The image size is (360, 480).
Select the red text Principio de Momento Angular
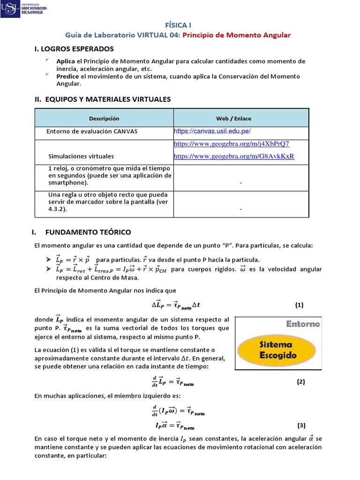coord(237,35)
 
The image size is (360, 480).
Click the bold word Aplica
coord(66,61)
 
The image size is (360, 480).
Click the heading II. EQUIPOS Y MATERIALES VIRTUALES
coord(103,99)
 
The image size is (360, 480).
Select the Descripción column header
coord(104,119)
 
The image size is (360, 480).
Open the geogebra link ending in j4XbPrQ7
coord(232,143)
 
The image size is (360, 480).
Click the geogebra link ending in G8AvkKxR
coord(234,156)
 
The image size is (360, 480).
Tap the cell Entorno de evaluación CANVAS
coord(92,132)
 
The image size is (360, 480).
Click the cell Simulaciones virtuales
coord(81,156)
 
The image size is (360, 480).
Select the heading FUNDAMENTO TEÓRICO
coord(88,232)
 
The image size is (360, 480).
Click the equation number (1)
coord(300,305)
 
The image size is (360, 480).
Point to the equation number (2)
coord(301,382)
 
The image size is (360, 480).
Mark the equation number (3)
coord(301,426)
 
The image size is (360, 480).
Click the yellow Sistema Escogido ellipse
coord(278,350)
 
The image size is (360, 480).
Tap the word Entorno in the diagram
coord(303,324)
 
